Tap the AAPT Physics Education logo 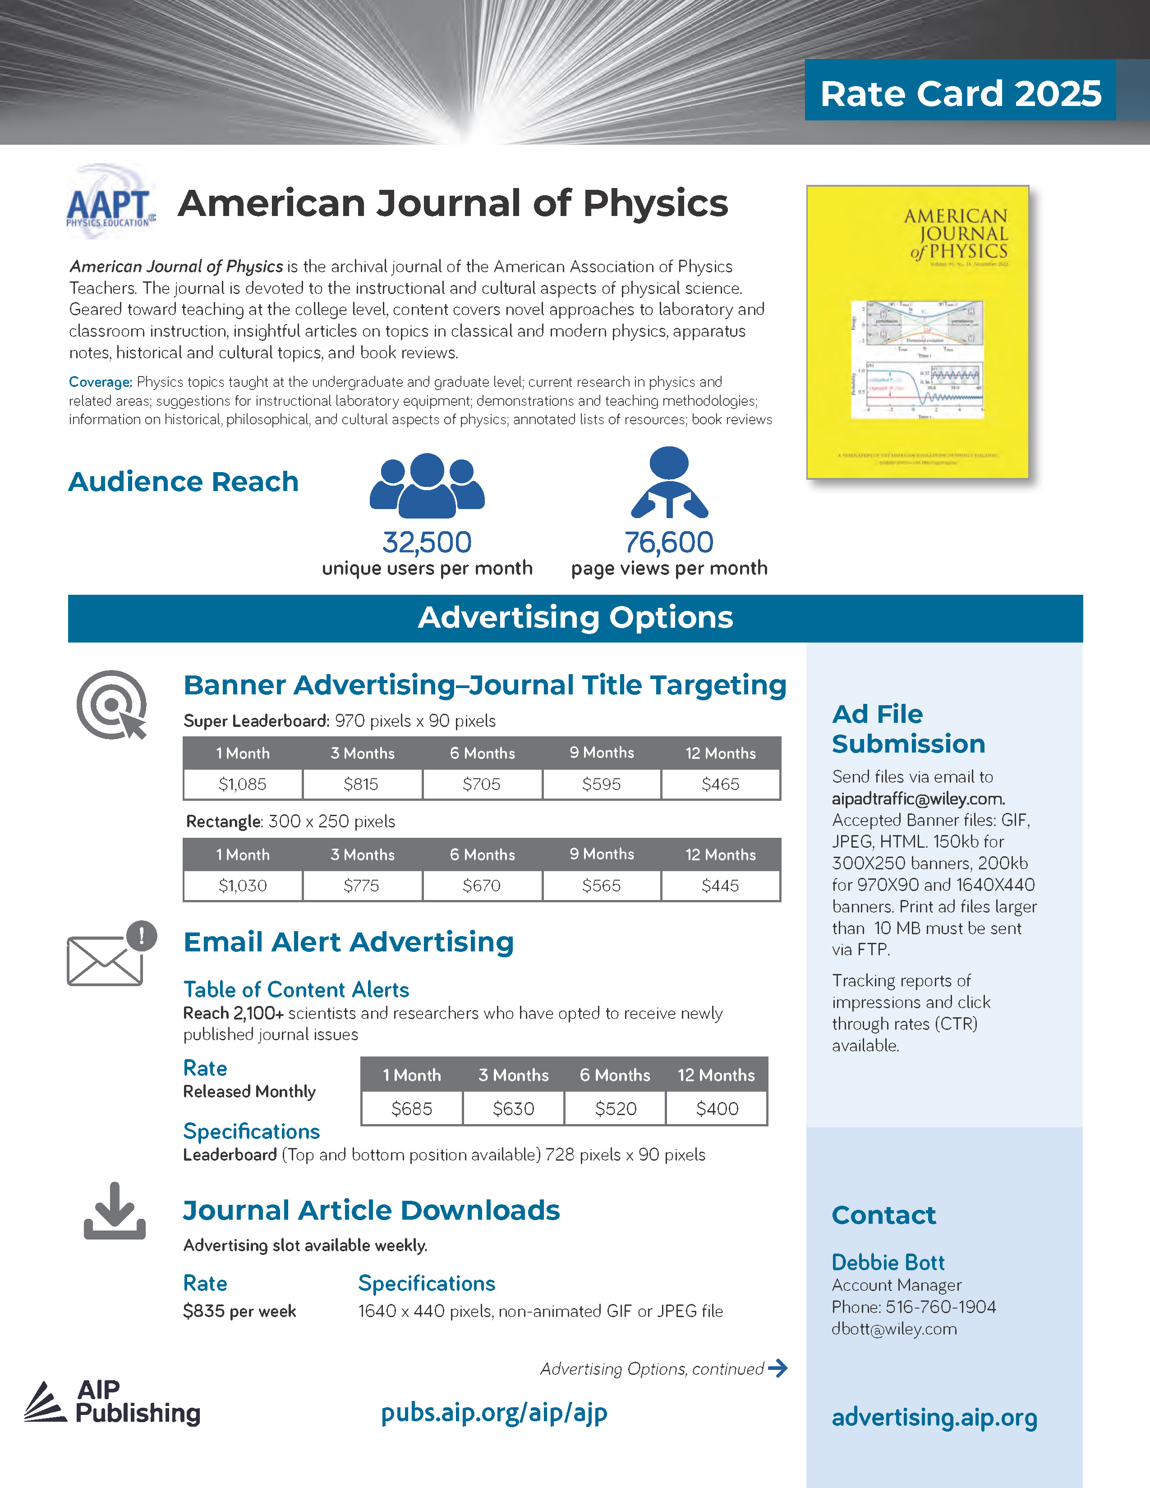(110, 203)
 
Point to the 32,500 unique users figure (427, 543)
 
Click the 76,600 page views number (668, 543)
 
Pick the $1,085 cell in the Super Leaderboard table (243, 784)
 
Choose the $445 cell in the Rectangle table (720, 886)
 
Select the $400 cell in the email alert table (717, 1108)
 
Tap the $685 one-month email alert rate (411, 1108)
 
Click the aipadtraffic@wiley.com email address (918, 799)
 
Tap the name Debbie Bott (888, 1263)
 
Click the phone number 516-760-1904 (940, 1307)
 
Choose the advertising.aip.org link (934, 1417)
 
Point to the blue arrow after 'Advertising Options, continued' (777, 1368)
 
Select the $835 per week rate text (239, 1311)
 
